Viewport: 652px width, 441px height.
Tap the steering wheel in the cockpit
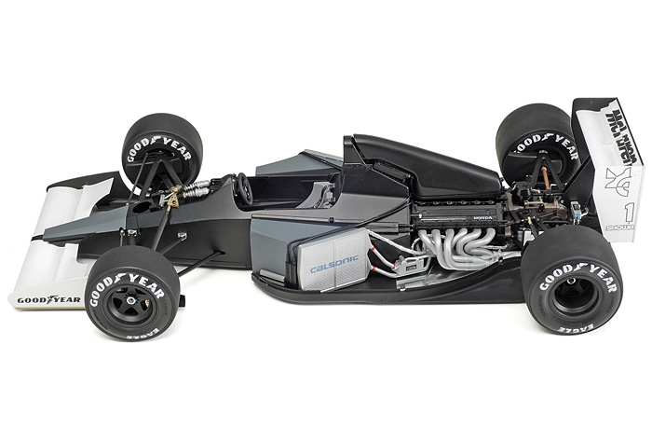point(245,189)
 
